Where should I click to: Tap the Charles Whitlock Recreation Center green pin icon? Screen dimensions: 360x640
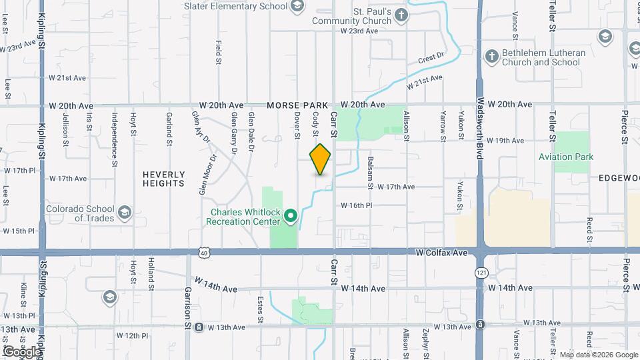coord(291,216)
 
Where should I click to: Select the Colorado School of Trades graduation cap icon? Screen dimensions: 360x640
coord(124,213)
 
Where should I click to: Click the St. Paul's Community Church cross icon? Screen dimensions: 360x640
coord(401,15)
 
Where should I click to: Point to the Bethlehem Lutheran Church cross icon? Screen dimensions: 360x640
coord(491,57)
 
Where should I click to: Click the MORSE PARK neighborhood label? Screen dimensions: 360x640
coord(298,105)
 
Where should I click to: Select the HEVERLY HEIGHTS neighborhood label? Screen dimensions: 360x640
coord(163,179)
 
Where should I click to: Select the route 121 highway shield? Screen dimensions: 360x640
coord(480,273)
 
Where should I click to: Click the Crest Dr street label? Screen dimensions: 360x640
coord(431,59)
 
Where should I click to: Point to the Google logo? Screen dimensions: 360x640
coord(22,351)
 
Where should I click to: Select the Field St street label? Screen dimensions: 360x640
coord(219,52)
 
